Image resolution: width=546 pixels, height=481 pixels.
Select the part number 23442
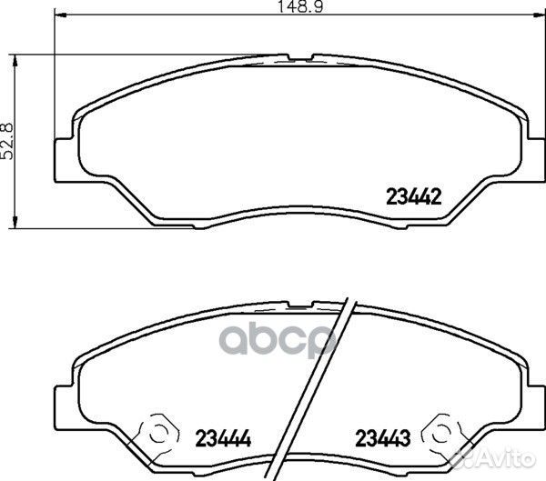(x=414, y=194)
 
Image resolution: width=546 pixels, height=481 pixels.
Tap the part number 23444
(x=222, y=437)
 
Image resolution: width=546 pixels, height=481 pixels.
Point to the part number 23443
(x=383, y=437)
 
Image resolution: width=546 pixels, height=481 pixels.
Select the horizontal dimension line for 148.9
(x=182, y=15)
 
